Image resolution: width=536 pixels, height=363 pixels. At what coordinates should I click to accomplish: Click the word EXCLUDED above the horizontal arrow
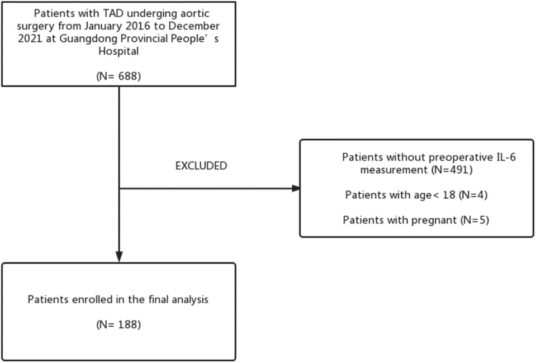(201, 166)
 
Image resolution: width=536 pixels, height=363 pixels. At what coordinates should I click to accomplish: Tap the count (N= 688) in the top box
(118, 76)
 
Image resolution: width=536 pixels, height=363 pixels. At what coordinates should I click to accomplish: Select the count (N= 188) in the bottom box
(118, 324)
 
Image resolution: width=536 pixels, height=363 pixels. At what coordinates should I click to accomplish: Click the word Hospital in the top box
(118, 51)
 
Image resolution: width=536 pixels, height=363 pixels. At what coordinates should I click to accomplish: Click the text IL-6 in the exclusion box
(506, 157)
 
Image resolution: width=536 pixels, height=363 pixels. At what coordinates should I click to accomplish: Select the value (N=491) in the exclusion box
(452, 170)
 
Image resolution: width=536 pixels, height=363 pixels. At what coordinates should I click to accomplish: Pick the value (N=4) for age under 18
(473, 195)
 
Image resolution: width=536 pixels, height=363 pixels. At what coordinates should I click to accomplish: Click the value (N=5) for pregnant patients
(475, 220)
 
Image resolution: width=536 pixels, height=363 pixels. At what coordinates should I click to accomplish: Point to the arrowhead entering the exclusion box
(296, 189)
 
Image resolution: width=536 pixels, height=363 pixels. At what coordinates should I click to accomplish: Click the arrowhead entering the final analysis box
(119, 257)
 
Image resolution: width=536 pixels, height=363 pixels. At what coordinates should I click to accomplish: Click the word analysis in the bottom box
(190, 300)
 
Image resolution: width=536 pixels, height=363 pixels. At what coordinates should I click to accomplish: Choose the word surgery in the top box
(36, 26)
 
